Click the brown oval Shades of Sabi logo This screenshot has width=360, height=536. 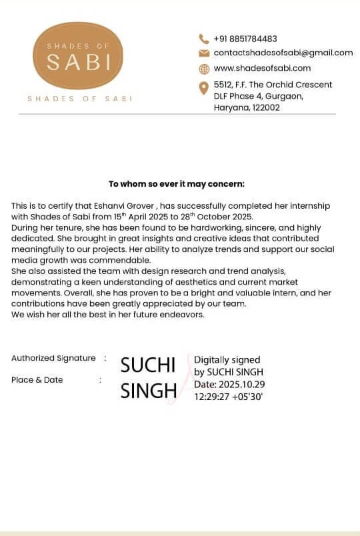coord(79,56)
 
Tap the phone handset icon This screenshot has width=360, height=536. coord(204,39)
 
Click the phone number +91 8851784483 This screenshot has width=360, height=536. coord(245,39)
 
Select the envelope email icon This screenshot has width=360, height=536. coord(204,53)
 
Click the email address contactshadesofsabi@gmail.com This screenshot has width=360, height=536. coord(283,53)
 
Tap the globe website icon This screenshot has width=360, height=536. coord(204,68)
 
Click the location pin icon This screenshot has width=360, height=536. coord(204,88)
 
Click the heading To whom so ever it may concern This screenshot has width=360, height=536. coord(177,183)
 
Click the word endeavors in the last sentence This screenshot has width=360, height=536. coord(180,315)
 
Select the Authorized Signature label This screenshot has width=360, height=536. coord(53,358)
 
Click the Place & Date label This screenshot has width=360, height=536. coord(37,380)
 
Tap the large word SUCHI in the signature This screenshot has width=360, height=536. coord(147,365)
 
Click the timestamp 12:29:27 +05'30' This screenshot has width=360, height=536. coord(229,396)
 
